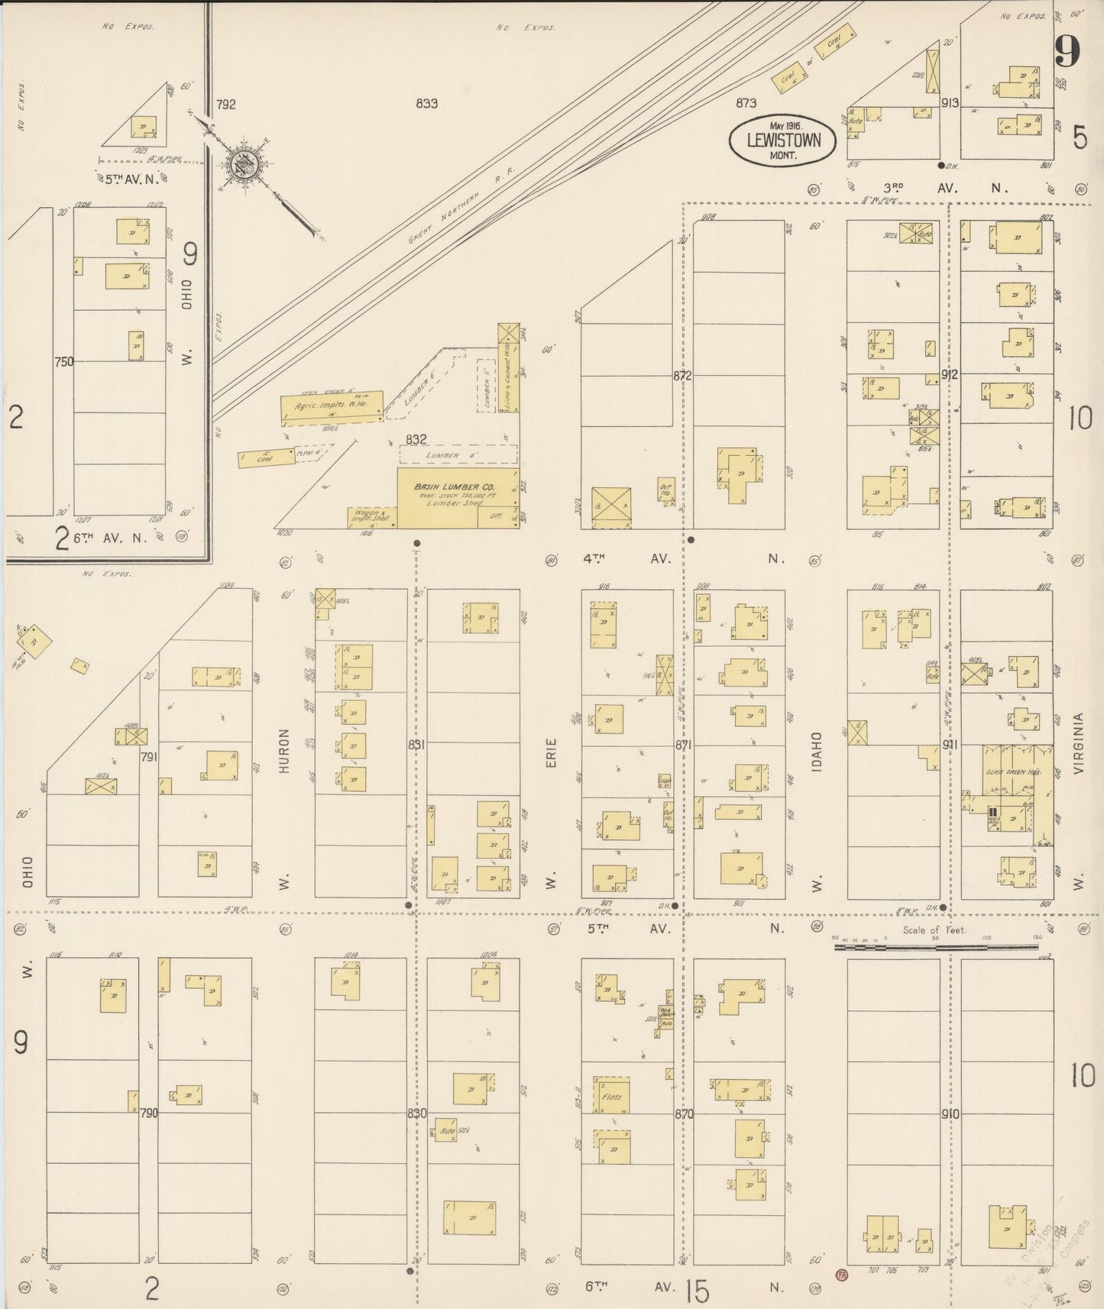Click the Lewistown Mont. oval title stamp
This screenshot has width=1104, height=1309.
(782, 141)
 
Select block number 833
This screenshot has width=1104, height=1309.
(426, 104)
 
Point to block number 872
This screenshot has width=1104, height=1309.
(682, 376)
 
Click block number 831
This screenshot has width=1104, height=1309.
(416, 745)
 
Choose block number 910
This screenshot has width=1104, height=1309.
(950, 1114)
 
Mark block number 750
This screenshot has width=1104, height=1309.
(63, 361)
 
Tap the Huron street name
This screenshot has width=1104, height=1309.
(285, 751)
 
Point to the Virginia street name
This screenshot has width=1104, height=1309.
(1079, 744)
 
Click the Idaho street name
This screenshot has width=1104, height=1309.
(816, 751)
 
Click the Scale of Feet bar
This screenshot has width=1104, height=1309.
(935, 947)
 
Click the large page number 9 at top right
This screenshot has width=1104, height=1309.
(1067, 52)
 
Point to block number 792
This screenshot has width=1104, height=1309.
(225, 105)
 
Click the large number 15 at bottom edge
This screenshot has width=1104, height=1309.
(697, 1292)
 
